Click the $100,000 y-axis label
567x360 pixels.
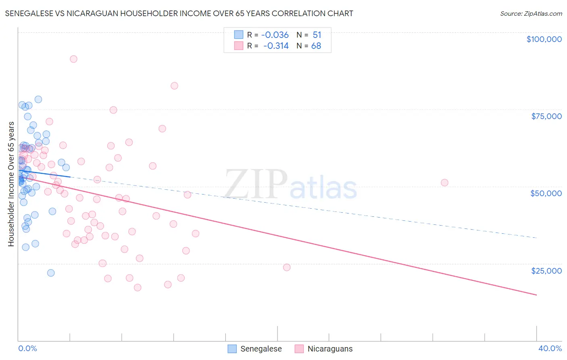[544, 39]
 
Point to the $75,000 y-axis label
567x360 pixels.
[546, 116]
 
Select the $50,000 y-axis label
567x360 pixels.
[546, 193]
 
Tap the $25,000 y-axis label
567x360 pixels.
[546, 271]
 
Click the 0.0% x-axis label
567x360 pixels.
[27, 348]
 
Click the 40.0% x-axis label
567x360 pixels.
[550, 348]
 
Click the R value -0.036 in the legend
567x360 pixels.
[275, 35]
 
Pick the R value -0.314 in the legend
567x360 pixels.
[276, 46]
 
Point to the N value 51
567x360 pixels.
[317, 35]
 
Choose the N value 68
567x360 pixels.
[316, 46]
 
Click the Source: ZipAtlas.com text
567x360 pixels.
[531, 13]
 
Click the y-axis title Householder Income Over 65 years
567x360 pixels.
[11, 184]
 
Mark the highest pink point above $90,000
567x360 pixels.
[73, 59]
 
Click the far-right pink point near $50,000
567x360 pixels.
[444, 182]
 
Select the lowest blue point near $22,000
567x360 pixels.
[51, 273]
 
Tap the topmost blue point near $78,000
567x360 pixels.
[38, 99]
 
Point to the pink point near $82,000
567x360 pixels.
[174, 86]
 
